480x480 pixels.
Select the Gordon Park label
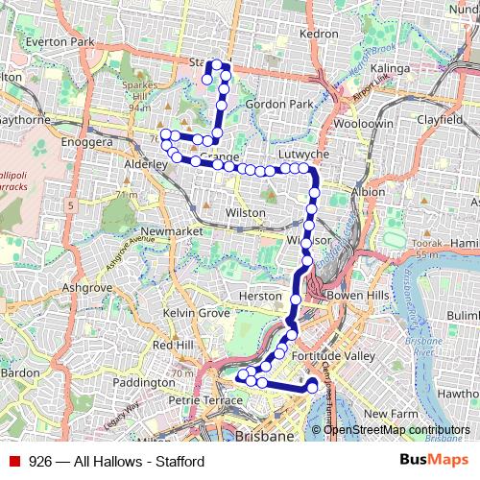point(279,104)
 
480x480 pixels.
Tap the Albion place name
point(368,193)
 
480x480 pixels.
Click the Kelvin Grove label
point(196,314)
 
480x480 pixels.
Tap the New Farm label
point(388,413)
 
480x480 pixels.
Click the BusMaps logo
point(433,460)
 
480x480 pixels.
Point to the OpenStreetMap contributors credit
point(396,430)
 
